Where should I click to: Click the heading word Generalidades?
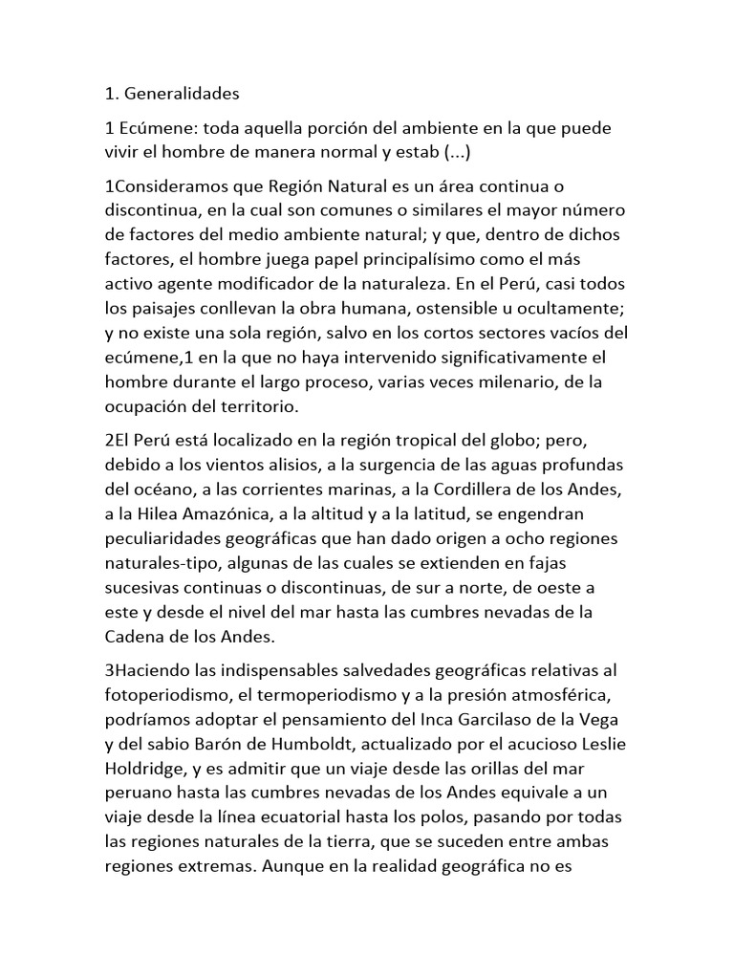pos(181,94)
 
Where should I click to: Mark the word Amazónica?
pos(218,514)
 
